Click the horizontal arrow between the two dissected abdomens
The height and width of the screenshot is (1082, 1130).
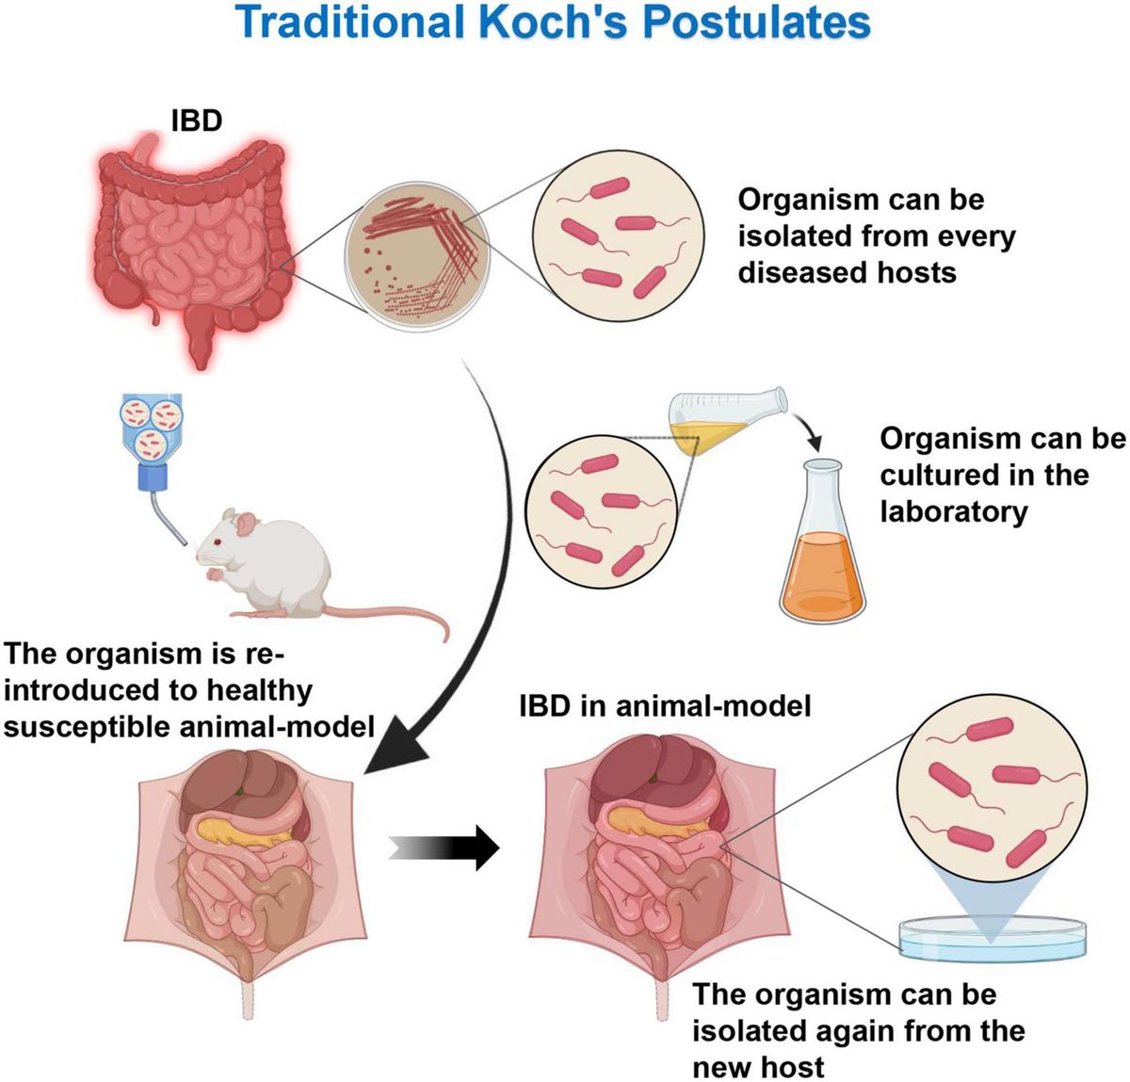(x=444, y=848)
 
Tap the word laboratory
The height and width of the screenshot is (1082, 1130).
(x=953, y=511)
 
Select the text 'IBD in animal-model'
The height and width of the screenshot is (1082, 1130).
(x=665, y=705)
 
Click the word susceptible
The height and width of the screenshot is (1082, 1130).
(x=86, y=727)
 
